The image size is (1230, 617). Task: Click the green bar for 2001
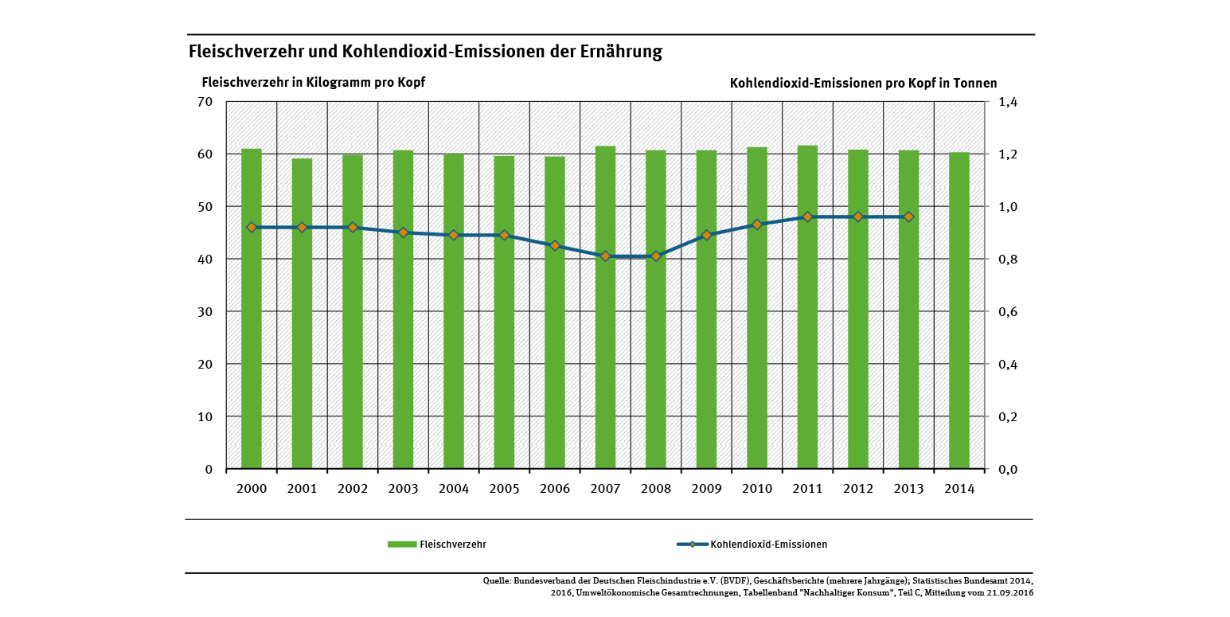point(302,314)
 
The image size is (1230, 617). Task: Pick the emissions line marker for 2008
point(656,256)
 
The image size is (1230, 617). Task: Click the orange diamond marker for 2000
point(252,228)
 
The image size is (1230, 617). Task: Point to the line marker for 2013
point(908,217)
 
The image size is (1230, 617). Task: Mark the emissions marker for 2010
point(757,225)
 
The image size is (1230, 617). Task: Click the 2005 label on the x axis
point(504,489)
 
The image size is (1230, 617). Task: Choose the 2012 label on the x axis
point(858,489)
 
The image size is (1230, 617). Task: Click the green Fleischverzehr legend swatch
point(402,545)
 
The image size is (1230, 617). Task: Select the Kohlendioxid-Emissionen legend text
point(768,545)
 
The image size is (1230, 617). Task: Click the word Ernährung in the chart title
point(623,53)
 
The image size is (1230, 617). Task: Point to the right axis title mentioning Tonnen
point(863,83)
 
